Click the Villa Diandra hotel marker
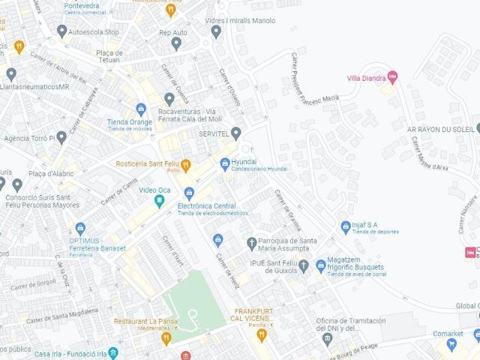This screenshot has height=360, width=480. click(392, 78)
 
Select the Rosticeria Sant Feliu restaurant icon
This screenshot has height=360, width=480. click(186, 165)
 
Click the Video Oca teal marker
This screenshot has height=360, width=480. click(159, 200)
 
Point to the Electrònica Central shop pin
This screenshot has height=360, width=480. click(189, 193)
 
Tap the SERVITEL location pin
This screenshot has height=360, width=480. click(236, 133)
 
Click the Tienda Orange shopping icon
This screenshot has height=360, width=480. click(140, 109)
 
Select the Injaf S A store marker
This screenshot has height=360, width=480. click(345, 226)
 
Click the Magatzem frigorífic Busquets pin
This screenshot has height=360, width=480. click(320, 266)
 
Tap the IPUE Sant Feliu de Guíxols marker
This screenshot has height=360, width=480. click(303, 265)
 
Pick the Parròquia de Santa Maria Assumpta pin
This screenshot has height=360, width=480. click(252, 242)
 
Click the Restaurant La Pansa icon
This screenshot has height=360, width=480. click(166, 338)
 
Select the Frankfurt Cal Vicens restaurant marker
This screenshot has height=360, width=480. click(261, 334)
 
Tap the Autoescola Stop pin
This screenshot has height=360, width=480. click(61, 31)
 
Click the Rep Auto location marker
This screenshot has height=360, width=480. click(176, 43)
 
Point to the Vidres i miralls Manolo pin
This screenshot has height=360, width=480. click(216, 31)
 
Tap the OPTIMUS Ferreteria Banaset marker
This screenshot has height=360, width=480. click(80, 229)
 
